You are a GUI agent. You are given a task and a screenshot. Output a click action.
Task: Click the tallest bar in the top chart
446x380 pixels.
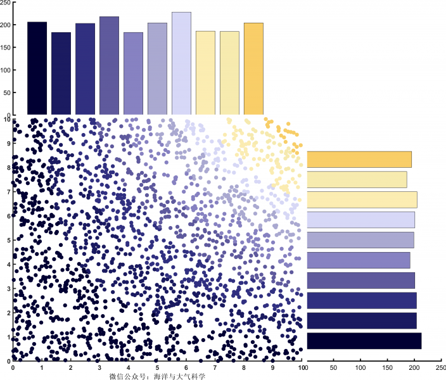(181, 63)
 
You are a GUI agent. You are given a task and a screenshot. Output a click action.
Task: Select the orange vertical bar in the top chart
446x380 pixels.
(253, 69)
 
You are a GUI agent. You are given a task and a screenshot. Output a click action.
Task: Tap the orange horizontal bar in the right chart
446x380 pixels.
(359, 160)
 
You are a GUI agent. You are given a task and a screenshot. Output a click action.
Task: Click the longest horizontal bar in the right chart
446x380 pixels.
(364, 341)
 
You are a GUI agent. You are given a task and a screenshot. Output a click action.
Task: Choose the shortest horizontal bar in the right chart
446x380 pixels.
(357, 179)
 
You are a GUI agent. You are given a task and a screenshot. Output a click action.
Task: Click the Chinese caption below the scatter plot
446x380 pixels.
(158, 376)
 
